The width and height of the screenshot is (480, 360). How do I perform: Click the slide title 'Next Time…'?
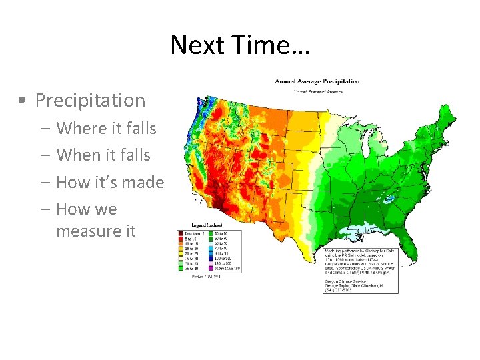click(239, 45)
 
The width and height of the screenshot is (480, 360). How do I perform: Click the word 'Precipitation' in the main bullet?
click(90, 101)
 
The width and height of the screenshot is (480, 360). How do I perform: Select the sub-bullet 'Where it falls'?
click(106, 128)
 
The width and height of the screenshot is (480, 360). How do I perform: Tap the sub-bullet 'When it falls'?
click(103, 155)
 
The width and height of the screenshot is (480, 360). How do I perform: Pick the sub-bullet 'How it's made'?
click(110, 182)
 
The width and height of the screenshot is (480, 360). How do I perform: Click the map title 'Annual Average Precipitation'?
click(317, 81)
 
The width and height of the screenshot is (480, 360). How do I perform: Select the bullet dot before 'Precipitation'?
click(23, 101)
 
